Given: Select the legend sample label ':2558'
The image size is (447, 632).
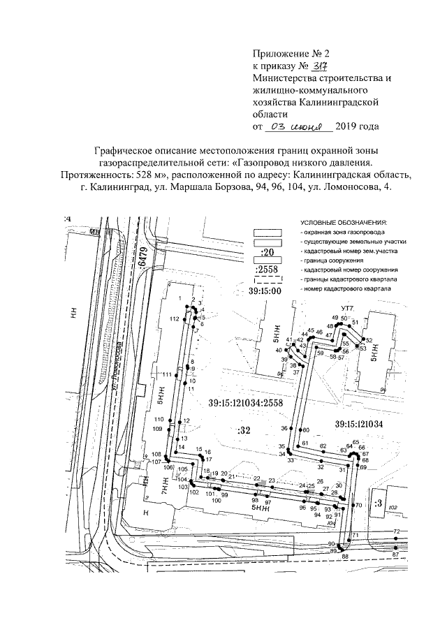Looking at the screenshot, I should tap(267, 270).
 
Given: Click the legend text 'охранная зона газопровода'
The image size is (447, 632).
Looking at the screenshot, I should tap(344, 230).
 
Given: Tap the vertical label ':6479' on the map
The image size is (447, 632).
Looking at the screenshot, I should tap(145, 261).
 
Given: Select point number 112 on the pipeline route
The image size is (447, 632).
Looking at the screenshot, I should tap(175, 318).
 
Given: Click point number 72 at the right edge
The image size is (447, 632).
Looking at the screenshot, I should tap(396, 532).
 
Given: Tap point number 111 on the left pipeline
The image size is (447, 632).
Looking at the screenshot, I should tap(167, 375).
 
